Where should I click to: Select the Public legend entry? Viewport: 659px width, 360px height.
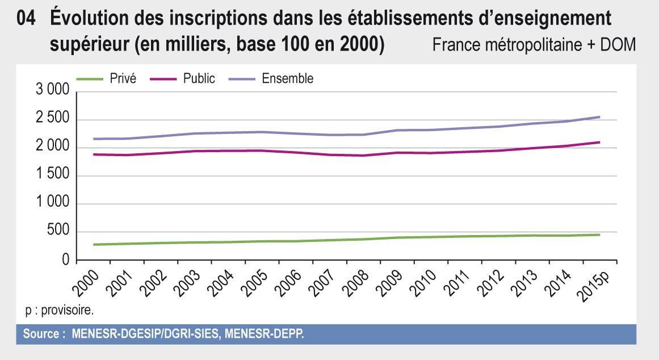(x=199, y=79)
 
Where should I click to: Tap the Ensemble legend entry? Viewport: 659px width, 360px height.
(x=287, y=79)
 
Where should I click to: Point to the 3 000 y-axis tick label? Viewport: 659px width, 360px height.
(x=52, y=91)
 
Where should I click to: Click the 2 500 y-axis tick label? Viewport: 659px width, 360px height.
(x=52, y=120)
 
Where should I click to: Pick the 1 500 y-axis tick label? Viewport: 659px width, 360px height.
(x=52, y=176)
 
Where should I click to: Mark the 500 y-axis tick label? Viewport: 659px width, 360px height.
(x=58, y=232)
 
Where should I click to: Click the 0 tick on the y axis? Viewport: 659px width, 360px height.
(x=65, y=260)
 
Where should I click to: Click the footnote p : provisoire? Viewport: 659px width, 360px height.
(x=58, y=311)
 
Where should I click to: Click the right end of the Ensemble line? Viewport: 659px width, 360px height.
(x=600, y=117)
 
